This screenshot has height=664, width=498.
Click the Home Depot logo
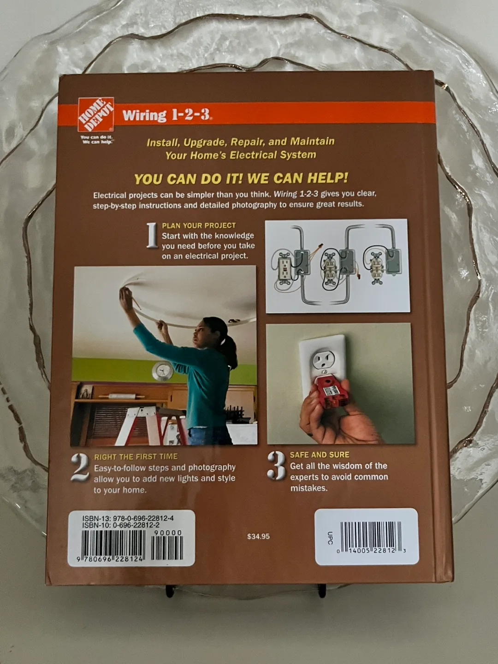96,114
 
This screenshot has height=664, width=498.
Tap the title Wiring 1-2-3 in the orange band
166,115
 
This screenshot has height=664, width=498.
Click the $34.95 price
258,536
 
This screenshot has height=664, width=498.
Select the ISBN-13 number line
128,518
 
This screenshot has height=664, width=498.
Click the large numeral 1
152,236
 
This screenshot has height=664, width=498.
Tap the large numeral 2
80,467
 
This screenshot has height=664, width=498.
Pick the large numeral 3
277,465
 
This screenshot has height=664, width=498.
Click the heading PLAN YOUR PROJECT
199,225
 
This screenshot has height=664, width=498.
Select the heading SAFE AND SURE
319,455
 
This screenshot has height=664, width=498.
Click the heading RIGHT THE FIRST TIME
136,456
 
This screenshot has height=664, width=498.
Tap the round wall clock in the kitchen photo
162,371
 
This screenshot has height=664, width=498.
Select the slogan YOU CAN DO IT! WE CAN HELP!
241,178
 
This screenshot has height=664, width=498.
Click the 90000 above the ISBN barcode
168,533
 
